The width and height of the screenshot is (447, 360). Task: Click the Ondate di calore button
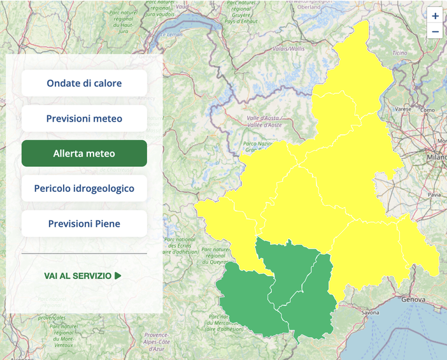pos(84,83)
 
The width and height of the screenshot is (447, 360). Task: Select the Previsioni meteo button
pos(84,119)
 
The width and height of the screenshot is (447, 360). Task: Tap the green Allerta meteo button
pos(84,154)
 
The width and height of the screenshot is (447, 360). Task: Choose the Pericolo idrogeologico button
pos(84,189)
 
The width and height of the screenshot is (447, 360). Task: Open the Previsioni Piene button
pos(84,224)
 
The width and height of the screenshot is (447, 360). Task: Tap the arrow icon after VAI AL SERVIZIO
pos(118,276)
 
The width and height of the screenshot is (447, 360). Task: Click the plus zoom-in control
pos(435,16)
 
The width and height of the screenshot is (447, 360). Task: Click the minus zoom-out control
pos(435,31)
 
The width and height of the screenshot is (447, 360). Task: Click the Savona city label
pos(370,313)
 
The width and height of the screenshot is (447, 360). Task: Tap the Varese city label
pos(403,109)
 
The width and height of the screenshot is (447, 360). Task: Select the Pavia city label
pos(435,194)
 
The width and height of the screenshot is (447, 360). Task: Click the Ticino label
pos(399,52)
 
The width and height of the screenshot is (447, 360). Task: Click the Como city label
pos(427,110)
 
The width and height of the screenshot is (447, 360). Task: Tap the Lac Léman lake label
pos(171,34)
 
